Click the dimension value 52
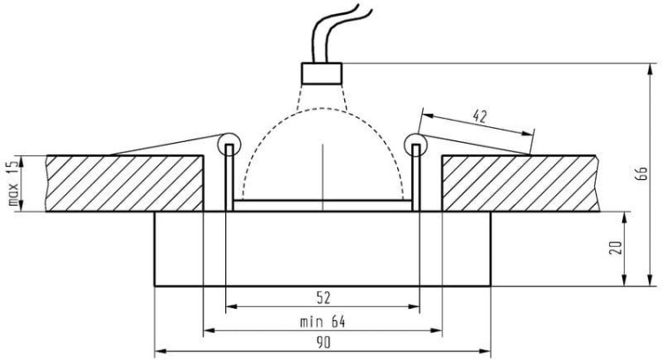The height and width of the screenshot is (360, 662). (323, 298)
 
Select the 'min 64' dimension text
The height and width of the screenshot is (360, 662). (322, 322)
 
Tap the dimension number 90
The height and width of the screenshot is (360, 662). (323, 342)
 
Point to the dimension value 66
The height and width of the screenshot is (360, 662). (642, 174)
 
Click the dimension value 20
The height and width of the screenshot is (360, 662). (617, 247)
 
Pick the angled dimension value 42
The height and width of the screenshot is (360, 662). (479, 116)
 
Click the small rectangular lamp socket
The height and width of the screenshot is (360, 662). (321, 73)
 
